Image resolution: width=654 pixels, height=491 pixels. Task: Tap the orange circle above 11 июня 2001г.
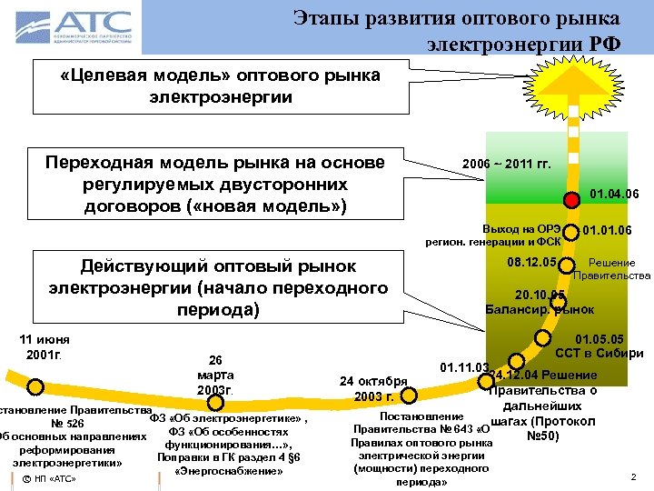[x=35, y=386]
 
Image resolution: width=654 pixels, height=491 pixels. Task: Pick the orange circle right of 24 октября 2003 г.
[x=409, y=395]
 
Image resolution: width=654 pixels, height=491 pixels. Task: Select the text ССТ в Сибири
[x=599, y=353]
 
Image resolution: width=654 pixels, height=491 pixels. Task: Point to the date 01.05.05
[x=612, y=339]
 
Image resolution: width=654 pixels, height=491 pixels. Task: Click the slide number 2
[x=632, y=476]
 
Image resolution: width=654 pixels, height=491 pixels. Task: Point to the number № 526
[x=68, y=423]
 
